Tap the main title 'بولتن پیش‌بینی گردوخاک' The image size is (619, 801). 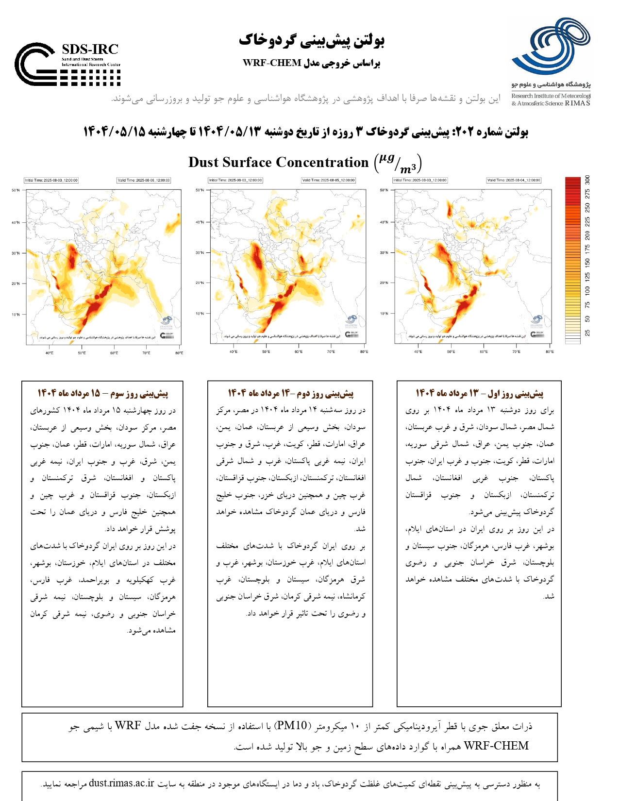click(311, 40)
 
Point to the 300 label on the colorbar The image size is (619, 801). click(587, 180)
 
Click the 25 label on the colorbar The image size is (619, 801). click(587, 333)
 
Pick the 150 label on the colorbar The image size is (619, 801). click(587, 263)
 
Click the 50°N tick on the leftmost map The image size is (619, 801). click(16, 190)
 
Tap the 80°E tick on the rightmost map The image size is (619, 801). click(549, 351)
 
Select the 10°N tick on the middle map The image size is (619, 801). click(200, 314)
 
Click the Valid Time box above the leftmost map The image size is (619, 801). click(144, 180)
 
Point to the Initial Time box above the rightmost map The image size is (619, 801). click(420, 180)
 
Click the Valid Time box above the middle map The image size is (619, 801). click(328, 180)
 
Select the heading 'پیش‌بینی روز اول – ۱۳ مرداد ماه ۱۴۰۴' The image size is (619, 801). click(479, 393)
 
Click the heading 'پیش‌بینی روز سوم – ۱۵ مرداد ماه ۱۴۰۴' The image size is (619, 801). click(103, 393)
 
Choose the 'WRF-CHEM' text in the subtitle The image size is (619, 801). click(272, 63)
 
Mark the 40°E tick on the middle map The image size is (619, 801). click(234, 351)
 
